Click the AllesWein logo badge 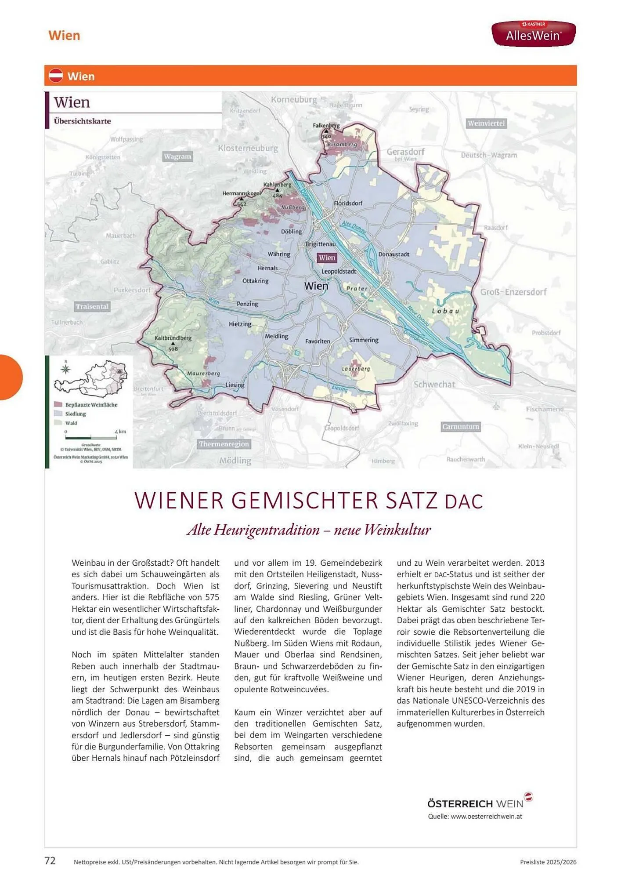[x=533, y=33]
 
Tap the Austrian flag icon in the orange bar [x=56, y=76]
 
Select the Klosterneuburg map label [x=248, y=148]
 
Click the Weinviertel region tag [x=486, y=123]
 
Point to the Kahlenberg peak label [x=277, y=185]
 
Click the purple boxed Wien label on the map [x=327, y=258]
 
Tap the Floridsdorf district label [x=348, y=203]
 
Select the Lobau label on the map [x=445, y=311]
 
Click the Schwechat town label [x=434, y=384]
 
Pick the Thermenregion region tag [x=224, y=444]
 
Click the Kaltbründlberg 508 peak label [x=173, y=338]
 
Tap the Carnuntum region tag [x=460, y=426]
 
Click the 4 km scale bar [x=91, y=437]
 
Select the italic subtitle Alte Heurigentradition [x=309, y=529]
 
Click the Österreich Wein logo [x=479, y=803]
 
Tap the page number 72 [x=50, y=861]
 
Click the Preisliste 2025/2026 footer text [x=548, y=862]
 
